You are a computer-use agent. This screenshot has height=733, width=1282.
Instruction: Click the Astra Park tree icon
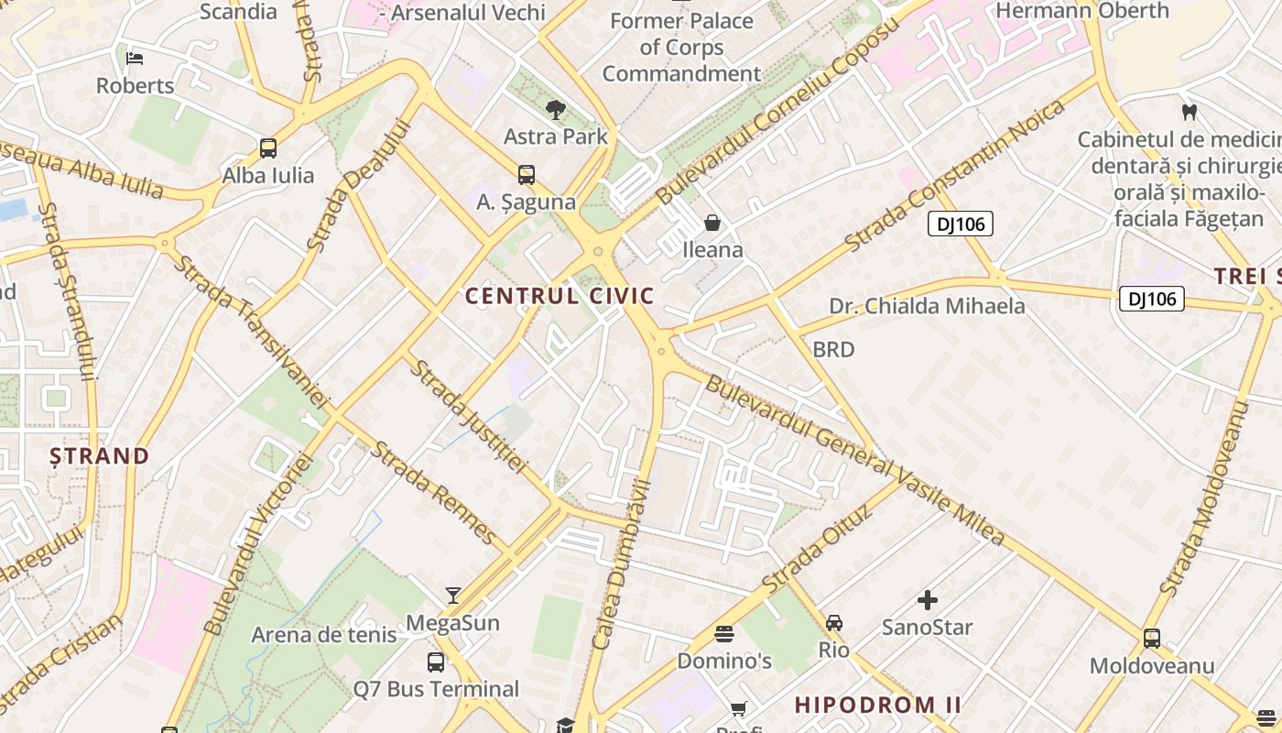pyautogui.click(x=555, y=110)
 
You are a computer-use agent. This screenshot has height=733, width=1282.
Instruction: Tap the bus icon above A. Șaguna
pyautogui.click(x=526, y=174)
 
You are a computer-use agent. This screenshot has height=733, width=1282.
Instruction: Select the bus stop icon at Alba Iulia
pyautogui.click(x=268, y=148)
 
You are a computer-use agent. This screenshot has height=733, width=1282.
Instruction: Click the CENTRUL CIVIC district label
pyautogui.click(x=560, y=296)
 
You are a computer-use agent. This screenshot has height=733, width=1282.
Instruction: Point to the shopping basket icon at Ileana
pyautogui.click(x=712, y=223)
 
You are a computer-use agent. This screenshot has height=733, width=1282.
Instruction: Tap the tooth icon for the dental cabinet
pyautogui.click(x=1190, y=113)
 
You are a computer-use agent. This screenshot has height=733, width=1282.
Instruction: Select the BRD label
pyautogui.click(x=833, y=349)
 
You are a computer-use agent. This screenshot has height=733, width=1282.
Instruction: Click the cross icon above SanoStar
pyautogui.click(x=928, y=600)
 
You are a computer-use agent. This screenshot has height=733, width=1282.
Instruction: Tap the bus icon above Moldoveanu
pyautogui.click(x=1152, y=639)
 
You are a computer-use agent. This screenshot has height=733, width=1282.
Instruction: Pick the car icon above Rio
pyautogui.click(x=834, y=623)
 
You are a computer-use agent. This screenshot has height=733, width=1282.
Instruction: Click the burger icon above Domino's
pyautogui.click(x=724, y=634)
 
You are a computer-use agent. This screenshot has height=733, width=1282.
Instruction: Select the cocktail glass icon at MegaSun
pyautogui.click(x=452, y=596)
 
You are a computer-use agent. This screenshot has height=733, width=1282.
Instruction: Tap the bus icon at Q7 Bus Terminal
pyautogui.click(x=436, y=662)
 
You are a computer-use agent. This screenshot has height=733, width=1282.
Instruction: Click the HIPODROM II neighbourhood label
pyautogui.click(x=877, y=705)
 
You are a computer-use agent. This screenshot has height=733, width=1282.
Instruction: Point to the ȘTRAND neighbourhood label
pyautogui.click(x=100, y=455)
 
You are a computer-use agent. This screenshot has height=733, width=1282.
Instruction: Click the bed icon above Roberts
pyautogui.click(x=135, y=59)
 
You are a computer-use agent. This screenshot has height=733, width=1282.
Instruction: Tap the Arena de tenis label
pyautogui.click(x=324, y=634)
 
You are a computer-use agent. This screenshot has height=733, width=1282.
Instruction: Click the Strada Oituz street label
pyautogui.click(x=817, y=548)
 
